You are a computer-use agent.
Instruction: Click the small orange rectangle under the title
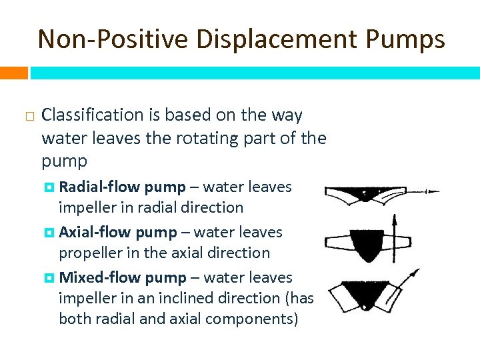13,72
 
